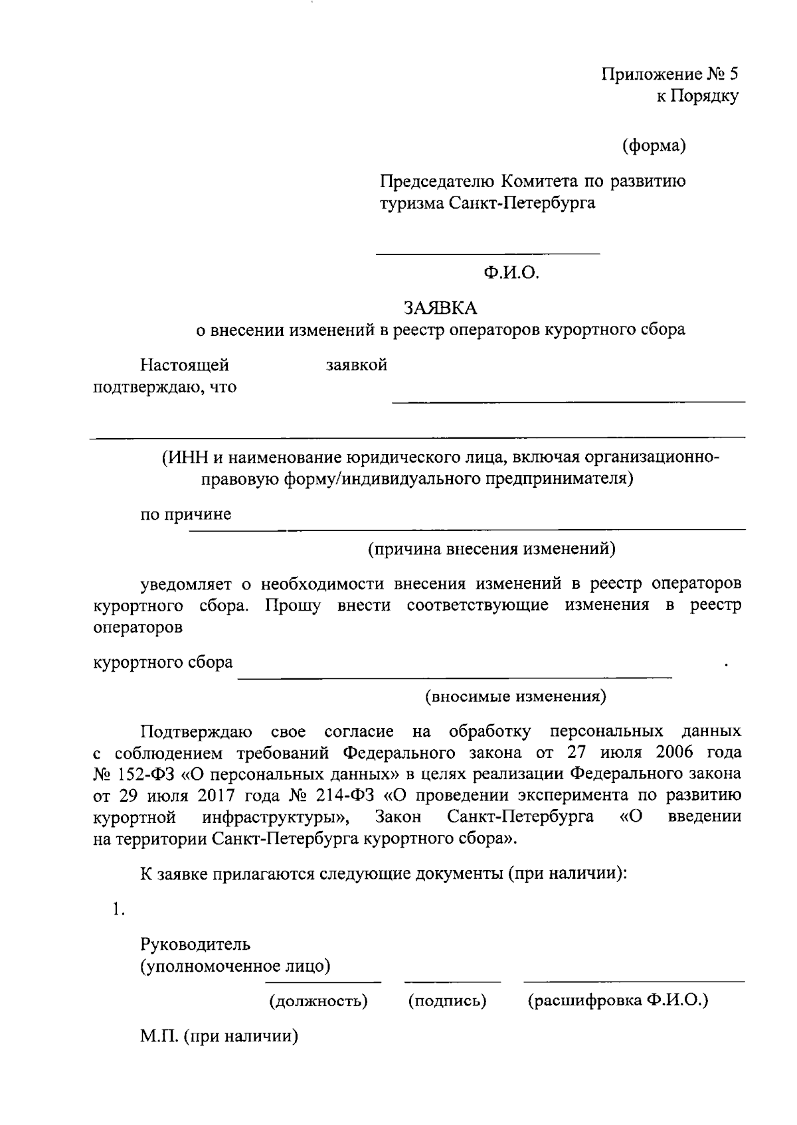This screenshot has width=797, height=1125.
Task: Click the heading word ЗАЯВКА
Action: pos(441,308)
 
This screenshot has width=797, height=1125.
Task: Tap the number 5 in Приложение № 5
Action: pos(733,74)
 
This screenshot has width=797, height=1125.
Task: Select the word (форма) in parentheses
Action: pos(654,145)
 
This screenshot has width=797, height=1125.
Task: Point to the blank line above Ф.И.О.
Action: pos(487,254)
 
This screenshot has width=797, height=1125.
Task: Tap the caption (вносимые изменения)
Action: pos(515,696)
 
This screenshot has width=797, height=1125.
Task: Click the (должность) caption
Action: pos(318,1000)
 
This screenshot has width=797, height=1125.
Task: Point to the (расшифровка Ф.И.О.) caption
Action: pos(618,1000)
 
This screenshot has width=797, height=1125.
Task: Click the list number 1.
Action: pos(119,910)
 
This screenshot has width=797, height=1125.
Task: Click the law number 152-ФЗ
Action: pos(141,774)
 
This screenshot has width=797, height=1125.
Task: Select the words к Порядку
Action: pos(697,96)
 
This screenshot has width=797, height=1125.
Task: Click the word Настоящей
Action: pos(185,365)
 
